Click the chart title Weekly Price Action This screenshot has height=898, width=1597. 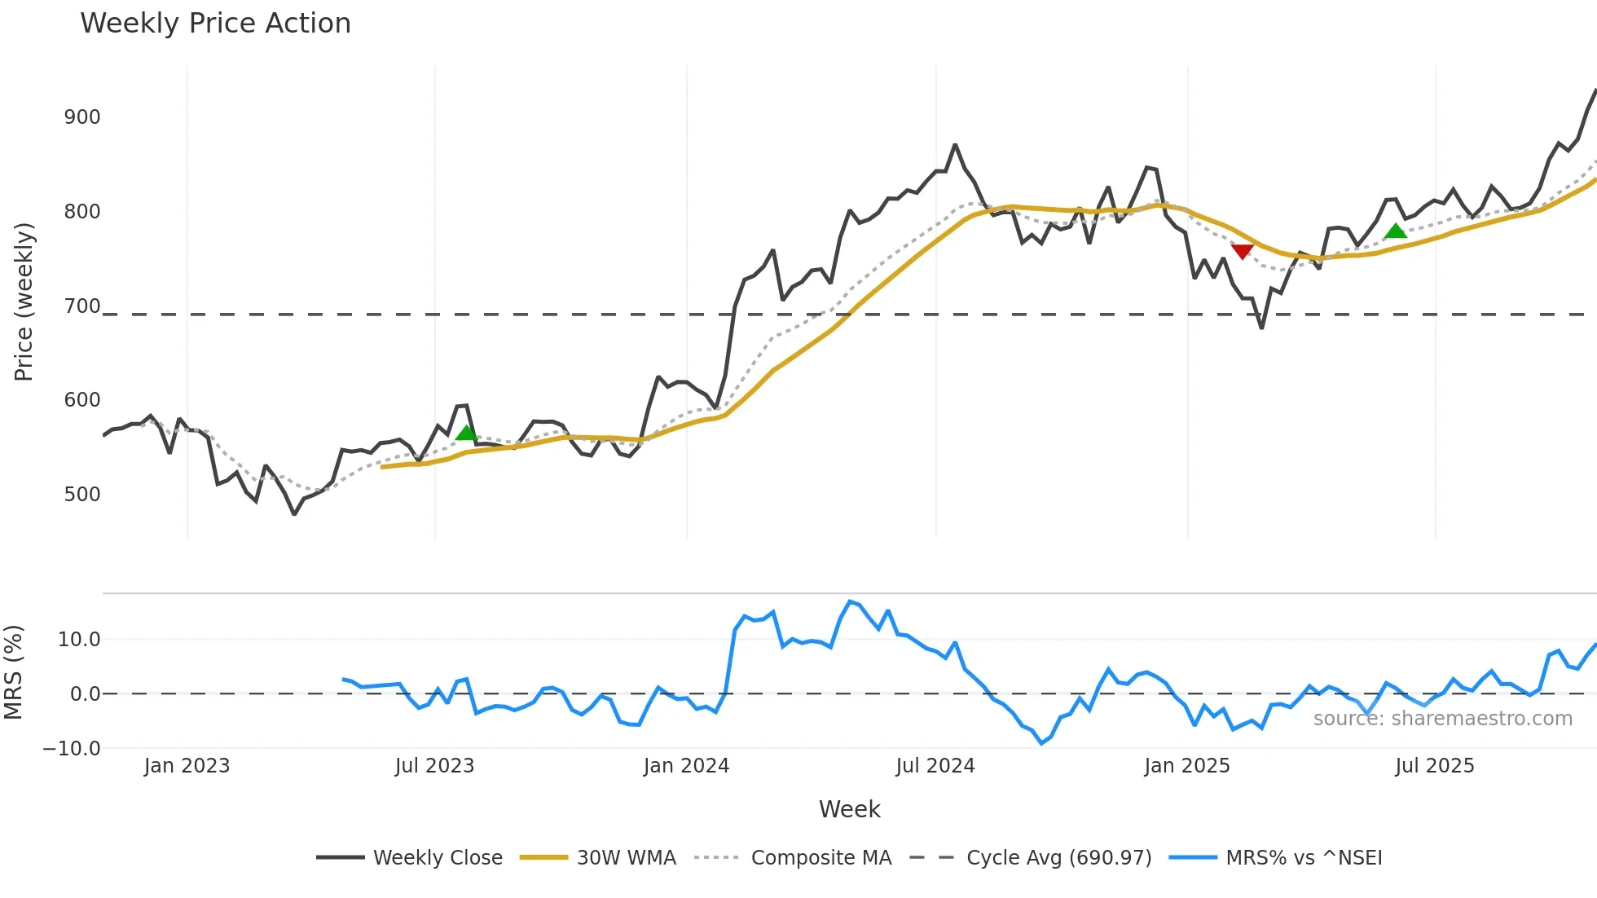(215, 24)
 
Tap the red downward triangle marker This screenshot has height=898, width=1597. (1242, 252)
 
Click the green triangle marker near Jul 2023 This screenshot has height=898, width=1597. (466, 433)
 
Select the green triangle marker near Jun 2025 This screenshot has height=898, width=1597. (1395, 231)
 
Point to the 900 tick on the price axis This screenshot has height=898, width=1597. (82, 117)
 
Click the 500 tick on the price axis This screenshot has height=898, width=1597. (82, 495)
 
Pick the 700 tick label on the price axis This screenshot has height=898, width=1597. (82, 306)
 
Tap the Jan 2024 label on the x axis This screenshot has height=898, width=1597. (686, 766)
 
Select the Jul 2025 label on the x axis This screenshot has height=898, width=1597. (1434, 766)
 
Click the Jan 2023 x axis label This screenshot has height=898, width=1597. (187, 766)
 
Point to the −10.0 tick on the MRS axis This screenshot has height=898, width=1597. (72, 749)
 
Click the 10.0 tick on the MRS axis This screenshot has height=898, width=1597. (79, 640)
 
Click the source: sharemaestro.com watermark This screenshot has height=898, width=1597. (1442, 719)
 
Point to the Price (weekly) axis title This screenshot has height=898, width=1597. (24, 302)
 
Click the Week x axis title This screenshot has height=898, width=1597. (849, 809)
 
